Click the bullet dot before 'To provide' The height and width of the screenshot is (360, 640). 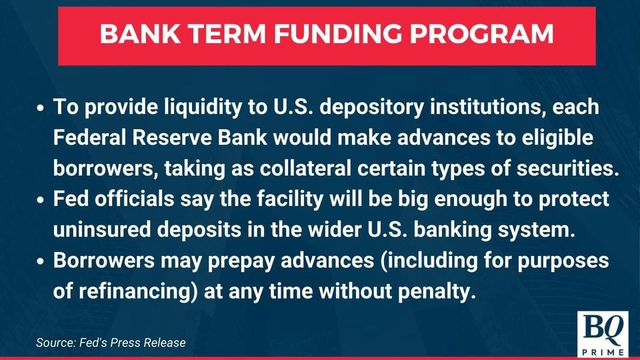pyautogui.click(x=41, y=108)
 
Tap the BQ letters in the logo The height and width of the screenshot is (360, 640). pyautogui.click(x=601, y=327)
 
